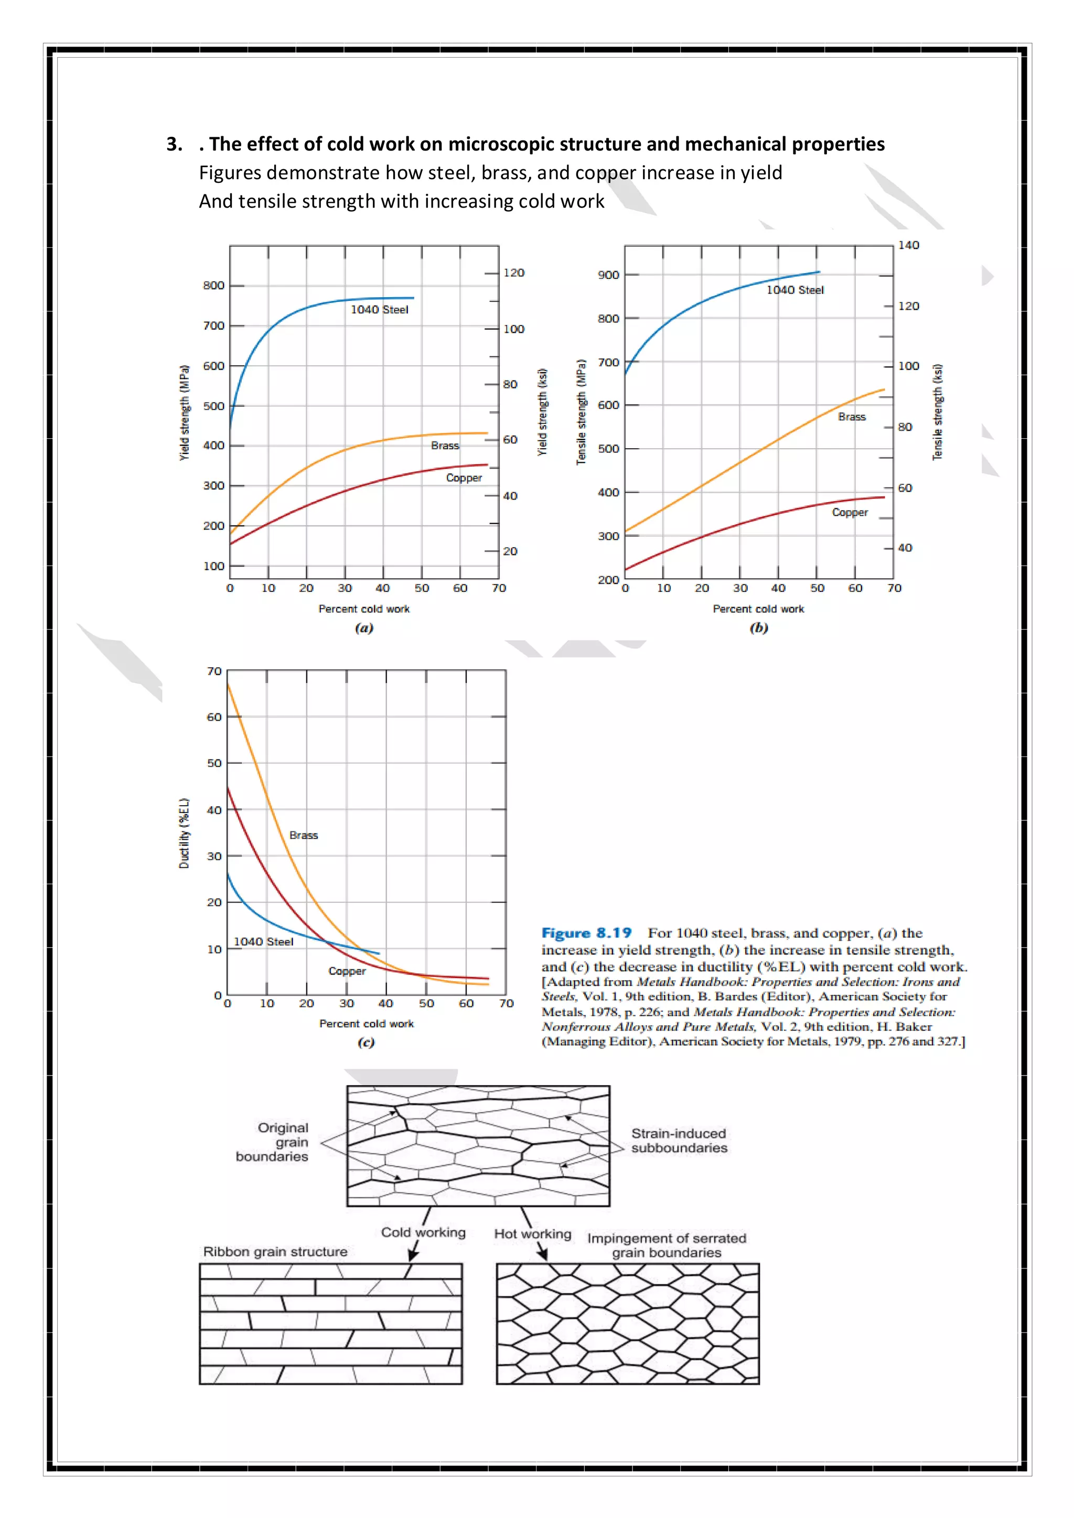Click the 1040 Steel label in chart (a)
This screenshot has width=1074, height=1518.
coord(379,309)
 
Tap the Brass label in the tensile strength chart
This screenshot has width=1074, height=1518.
coord(851,417)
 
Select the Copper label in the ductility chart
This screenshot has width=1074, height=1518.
coord(347,971)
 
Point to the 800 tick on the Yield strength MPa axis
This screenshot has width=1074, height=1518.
coord(213,286)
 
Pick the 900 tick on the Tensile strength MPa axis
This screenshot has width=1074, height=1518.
coord(608,275)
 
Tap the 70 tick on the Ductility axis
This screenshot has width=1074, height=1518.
coord(214,671)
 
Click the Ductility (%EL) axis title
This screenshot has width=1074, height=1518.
coord(185,833)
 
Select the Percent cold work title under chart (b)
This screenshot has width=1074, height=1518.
coord(758,609)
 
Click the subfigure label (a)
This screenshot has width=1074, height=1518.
coord(364,628)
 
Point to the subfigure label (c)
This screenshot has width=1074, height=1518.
coord(366,1043)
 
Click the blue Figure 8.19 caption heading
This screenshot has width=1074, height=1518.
coord(586,933)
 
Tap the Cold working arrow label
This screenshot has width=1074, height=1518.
coord(423,1232)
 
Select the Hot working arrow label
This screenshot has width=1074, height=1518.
coord(532,1234)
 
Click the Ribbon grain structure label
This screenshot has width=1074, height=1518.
coord(275,1252)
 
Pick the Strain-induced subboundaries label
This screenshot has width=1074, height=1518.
coord(679,1141)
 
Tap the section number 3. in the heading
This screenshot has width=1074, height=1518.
coord(175,144)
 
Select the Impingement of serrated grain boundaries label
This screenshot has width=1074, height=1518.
coord(666,1245)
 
